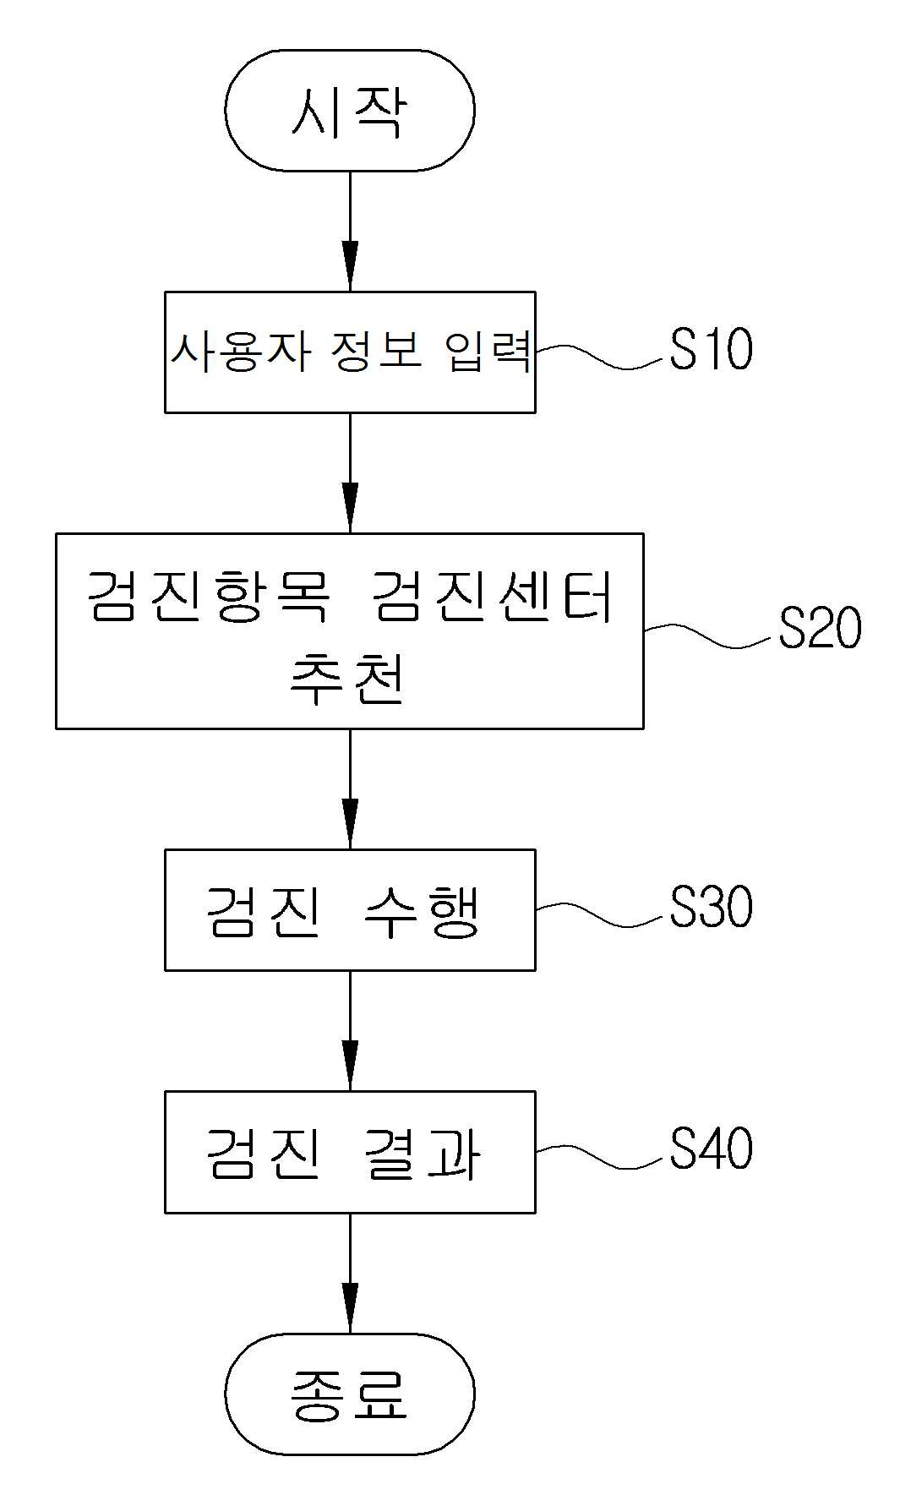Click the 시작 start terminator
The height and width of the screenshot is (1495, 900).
(x=349, y=111)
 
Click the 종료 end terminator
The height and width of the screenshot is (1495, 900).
(x=349, y=1394)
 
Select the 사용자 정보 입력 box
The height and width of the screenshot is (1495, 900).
(x=350, y=352)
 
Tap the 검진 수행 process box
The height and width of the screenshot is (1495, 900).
(x=350, y=910)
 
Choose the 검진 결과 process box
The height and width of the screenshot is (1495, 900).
(x=350, y=1152)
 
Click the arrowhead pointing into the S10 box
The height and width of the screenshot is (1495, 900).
(x=350, y=267)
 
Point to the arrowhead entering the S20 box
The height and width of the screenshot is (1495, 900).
(x=350, y=508)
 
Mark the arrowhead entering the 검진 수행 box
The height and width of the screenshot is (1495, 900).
(x=350, y=824)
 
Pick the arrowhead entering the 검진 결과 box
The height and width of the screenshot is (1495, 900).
(x=350, y=1066)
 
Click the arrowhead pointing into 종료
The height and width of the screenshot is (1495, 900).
(x=350, y=1308)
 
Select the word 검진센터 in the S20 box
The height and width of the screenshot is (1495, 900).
(x=493, y=596)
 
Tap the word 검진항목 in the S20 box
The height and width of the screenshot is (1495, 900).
(x=208, y=596)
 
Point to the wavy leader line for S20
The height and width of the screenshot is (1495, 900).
(x=711, y=635)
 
